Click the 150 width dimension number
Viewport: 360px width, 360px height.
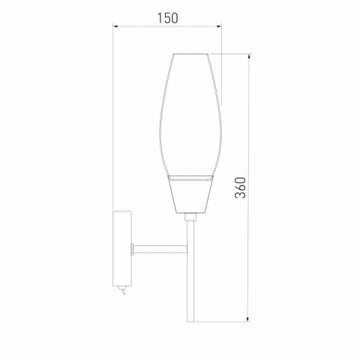pos(167,19)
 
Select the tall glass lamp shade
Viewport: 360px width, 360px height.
pos(190,112)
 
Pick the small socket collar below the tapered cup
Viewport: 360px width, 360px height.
pos(190,217)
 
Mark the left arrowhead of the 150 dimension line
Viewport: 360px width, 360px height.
pos(115,28)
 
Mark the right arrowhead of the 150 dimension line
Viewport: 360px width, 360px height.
pos(220,28)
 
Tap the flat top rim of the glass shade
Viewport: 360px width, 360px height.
pos(190,54)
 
